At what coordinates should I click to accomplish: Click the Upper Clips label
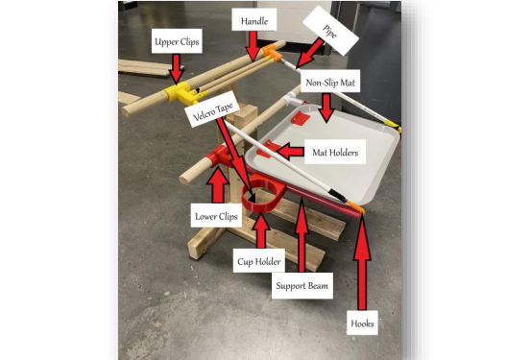177,41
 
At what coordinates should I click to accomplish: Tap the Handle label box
254,20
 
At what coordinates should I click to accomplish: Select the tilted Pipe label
330,31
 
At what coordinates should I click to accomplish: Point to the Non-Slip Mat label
330,82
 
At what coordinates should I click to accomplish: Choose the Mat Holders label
335,152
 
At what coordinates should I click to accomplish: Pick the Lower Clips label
216,216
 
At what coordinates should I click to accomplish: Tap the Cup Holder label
259,261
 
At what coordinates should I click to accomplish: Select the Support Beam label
302,285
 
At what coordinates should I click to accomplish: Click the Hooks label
362,324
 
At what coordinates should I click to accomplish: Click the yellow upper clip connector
181,92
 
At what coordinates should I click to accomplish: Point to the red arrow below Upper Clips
176,69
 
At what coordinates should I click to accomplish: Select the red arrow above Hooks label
362,263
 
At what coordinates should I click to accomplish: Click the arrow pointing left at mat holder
290,152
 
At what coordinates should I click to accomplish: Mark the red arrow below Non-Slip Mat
326,108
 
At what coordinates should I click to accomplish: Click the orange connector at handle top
271,53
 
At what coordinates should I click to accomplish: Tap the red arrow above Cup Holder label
260,230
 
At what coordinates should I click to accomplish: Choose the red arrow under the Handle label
253,48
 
